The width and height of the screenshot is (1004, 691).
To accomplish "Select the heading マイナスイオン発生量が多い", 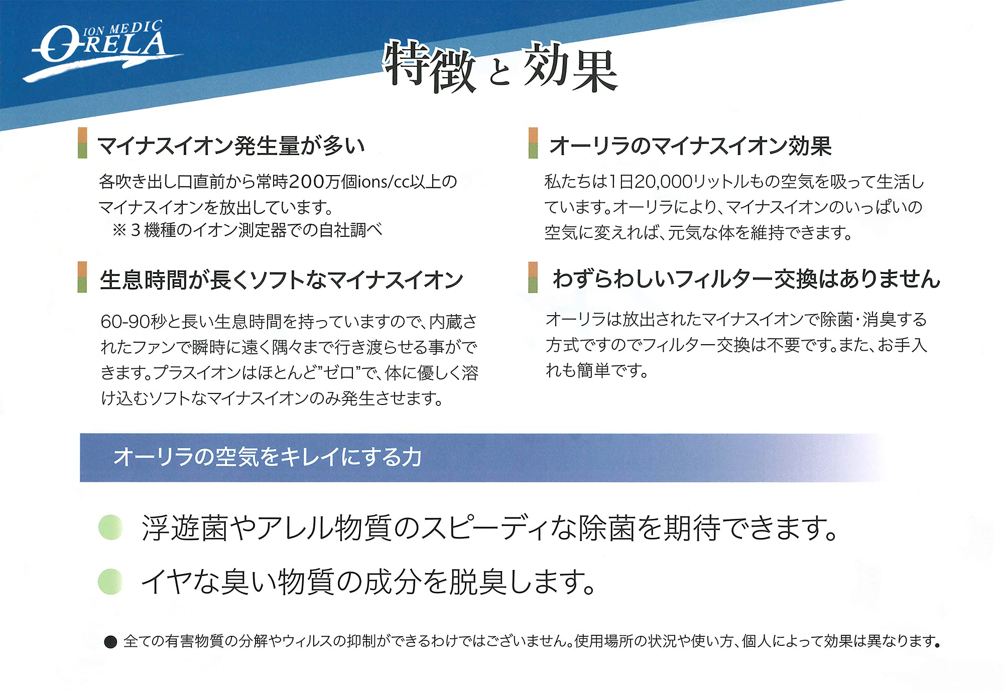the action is (231, 146).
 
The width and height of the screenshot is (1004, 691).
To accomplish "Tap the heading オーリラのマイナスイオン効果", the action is (690, 146).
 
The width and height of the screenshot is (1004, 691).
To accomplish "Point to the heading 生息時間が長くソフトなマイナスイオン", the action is (281, 280).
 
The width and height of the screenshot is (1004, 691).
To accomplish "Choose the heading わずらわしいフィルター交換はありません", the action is (746, 279).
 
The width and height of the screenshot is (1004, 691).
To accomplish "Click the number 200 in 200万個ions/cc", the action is (307, 182).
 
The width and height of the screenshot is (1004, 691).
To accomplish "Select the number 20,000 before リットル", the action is (663, 182).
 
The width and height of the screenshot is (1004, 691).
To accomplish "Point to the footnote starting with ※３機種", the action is (247, 230).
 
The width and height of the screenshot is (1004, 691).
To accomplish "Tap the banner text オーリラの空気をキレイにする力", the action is (268, 457).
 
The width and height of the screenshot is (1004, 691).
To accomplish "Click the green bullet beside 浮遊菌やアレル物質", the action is (110, 527).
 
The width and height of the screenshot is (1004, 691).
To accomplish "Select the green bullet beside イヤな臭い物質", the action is (110, 582).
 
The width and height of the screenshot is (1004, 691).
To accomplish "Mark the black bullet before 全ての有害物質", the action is (110, 642).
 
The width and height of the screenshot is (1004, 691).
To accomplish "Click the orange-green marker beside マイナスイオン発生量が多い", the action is (82, 143).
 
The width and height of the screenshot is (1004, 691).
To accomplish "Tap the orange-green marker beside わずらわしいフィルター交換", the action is (533, 277).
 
